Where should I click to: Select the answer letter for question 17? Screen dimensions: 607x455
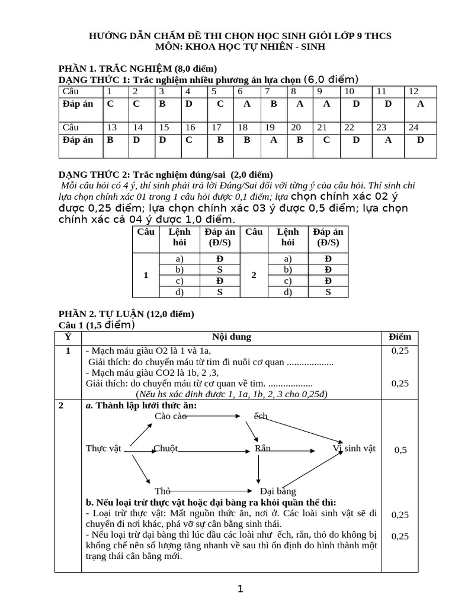click(x=220, y=140)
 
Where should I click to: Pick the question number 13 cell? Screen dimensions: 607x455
click(x=111, y=127)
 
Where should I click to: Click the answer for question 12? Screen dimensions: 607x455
click(x=421, y=103)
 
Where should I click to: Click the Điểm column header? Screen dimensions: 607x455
click(x=400, y=337)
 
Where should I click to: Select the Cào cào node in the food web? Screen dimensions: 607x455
click(x=171, y=416)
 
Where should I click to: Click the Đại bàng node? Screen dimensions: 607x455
click(x=277, y=491)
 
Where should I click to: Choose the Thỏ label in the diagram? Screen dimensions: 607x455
click(x=163, y=491)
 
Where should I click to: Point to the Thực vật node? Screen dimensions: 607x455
click(x=104, y=448)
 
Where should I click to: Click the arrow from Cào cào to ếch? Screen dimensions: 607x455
click(x=213, y=416)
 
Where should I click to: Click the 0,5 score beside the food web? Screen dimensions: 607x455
click(x=400, y=450)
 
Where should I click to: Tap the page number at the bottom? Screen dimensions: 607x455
click(x=240, y=589)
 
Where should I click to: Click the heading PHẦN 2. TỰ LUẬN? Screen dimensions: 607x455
click(x=126, y=314)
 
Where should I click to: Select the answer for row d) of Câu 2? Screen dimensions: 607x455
click(x=328, y=292)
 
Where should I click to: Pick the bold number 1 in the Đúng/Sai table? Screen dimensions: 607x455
click(x=145, y=276)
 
